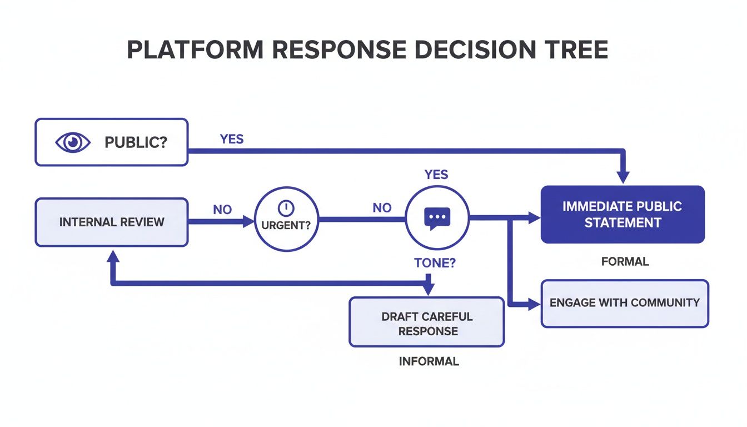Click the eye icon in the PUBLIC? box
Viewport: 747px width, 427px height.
[x=73, y=142]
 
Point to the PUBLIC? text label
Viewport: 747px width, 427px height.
[x=136, y=142]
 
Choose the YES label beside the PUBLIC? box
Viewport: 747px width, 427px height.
[x=231, y=139]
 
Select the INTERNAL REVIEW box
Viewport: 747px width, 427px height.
[x=111, y=222]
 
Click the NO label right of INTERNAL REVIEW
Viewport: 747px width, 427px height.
[x=222, y=210]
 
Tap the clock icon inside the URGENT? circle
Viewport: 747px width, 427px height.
[x=285, y=208]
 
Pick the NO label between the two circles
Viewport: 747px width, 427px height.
[x=382, y=208]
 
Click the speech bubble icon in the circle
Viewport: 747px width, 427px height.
[x=437, y=219]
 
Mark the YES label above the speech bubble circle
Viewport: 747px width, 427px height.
[x=436, y=175]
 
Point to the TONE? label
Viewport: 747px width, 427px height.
[x=435, y=263]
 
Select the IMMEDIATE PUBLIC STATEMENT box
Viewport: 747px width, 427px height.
[x=622, y=215]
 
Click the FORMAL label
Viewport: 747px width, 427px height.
[x=625, y=261]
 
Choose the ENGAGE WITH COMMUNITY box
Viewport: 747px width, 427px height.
[x=625, y=303]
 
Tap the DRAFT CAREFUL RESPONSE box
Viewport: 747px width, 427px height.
[x=426, y=323]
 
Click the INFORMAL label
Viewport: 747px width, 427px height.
[x=429, y=361]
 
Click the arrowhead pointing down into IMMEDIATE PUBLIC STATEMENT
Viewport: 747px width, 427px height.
[x=623, y=177]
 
